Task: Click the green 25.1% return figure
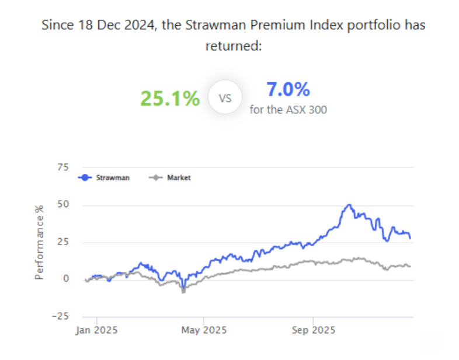tap(170, 99)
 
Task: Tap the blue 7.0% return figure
tap(288, 90)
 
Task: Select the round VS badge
tap(225, 99)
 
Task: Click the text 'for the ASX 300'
tap(288, 109)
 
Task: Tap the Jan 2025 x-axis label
tap(97, 330)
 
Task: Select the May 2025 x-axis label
tap(203, 330)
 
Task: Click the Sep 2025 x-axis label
tap(313, 330)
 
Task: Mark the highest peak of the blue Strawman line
tap(349, 205)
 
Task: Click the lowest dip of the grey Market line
tap(183, 291)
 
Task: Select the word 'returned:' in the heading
tap(232, 46)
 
